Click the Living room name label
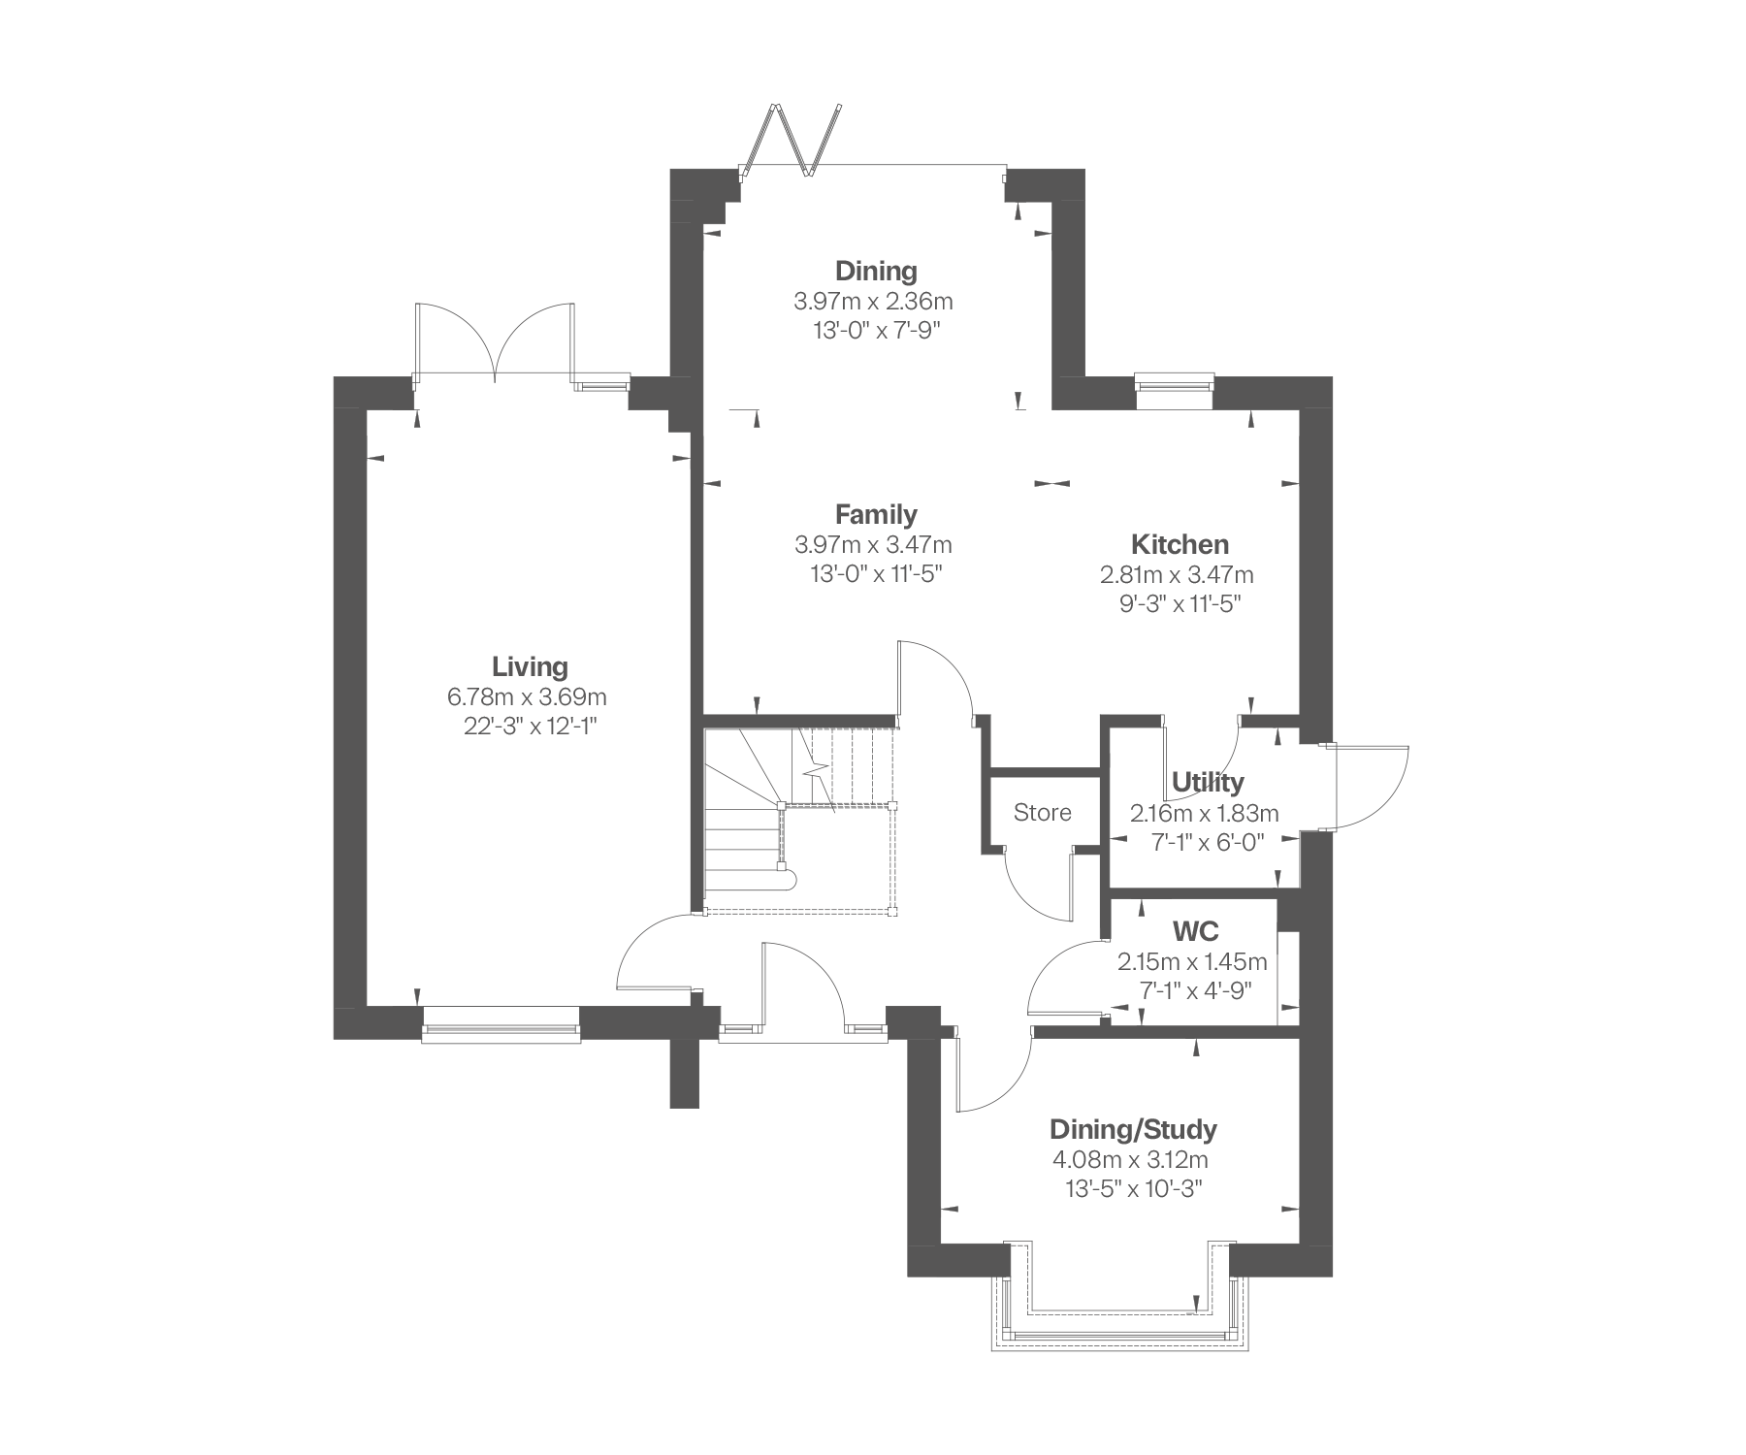coord(530,667)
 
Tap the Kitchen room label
coord(1180,544)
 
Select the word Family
coord(877,514)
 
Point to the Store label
coord(1043,813)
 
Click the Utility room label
coord(1208,782)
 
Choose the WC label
coord(1196,932)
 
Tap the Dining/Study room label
coord(1133,1130)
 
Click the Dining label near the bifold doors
coord(877,271)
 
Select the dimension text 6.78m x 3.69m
coord(527,696)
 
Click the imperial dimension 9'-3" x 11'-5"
coord(1180,603)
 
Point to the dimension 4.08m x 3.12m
coord(1131,1160)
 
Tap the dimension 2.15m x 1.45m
coord(1192,962)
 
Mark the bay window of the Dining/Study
coord(1120,1295)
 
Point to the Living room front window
coord(501,1025)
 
